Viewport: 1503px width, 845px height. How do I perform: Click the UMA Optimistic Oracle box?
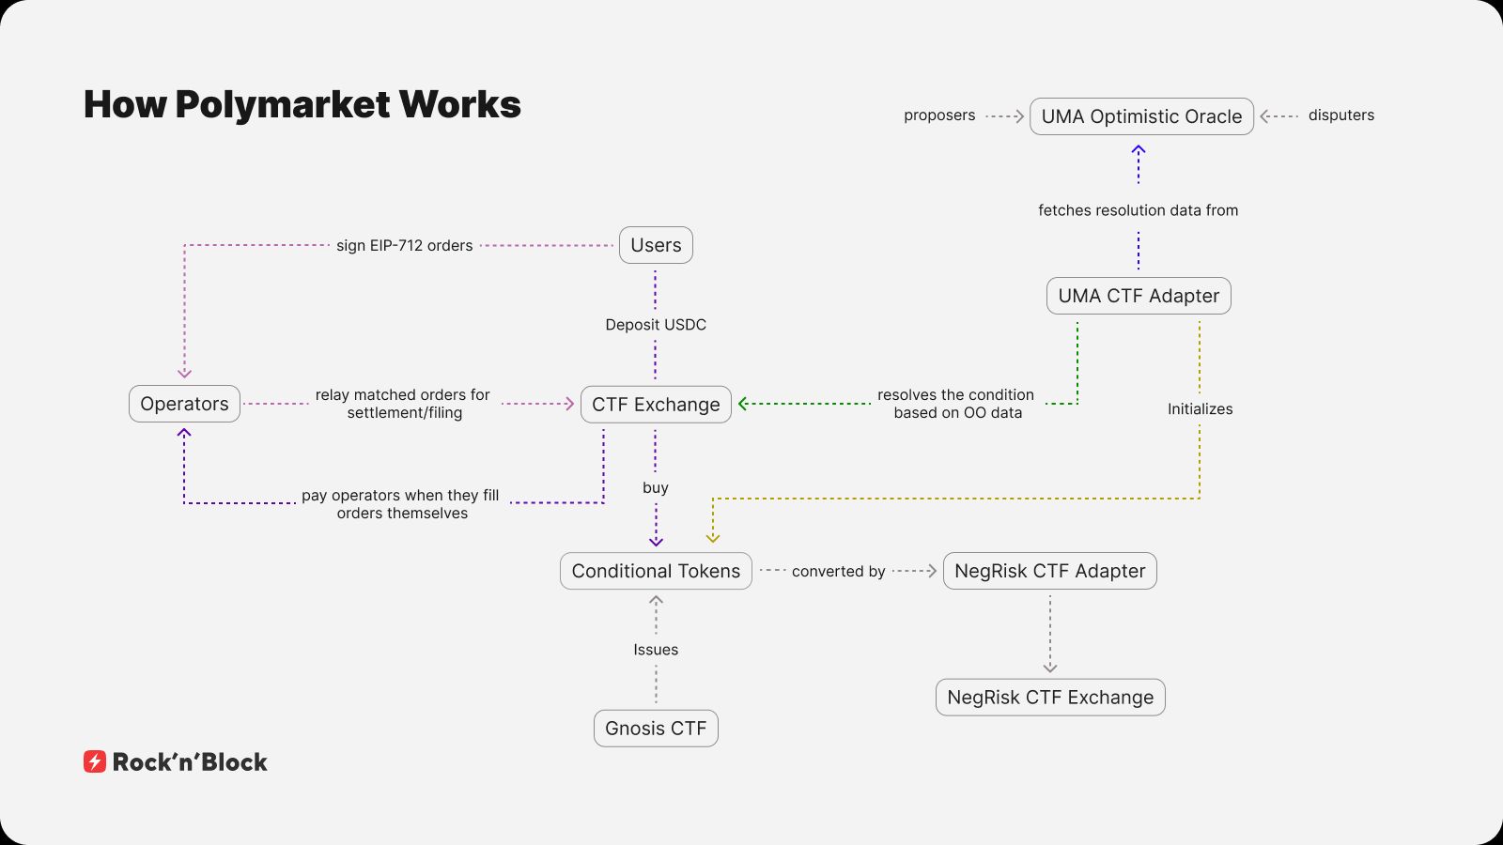pyautogui.click(x=1141, y=116)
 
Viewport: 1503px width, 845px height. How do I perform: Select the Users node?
pyautogui.click(x=656, y=245)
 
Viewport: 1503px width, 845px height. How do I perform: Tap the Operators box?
pyautogui.click(x=184, y=404)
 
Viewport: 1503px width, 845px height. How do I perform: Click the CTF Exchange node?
pyautogui.click(x=656, y=405)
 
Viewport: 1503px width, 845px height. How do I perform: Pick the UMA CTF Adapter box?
pyautogui.click(x=1139, y=296)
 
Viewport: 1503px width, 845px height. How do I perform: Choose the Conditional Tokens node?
pyautogui.click(x=656, y=571)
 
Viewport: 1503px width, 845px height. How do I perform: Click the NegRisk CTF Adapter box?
pyautogui.click(x=1049, y=571)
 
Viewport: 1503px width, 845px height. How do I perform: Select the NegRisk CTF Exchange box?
pyautogui.click(x=1050, y=698)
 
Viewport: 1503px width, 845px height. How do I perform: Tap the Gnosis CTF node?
pyautogui.click(x=656, y=729)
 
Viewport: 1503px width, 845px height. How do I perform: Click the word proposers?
pyautogui.click(x=939, y=115)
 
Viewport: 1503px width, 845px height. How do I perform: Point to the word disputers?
pyautogui.click(x=1340, y=115)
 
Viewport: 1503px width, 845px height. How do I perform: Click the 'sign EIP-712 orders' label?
pyautogui.click(x=405, y=246)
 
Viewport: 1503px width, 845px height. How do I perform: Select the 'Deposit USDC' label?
pyautogui.click(x=656, y=325)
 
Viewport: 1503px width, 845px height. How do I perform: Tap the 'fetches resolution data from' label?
pyautogui.click(x=1138, y=210)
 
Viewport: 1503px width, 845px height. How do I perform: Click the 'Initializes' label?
pyautogui.click(x=1200, y=409)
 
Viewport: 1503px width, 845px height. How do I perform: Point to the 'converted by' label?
pyautogui.click(x=838, y=572)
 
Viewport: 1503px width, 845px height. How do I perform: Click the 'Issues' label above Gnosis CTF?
pyautogui.click(x=656, y=650)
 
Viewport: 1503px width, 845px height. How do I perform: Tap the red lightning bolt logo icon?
pyautogui.click(x=95, y=761)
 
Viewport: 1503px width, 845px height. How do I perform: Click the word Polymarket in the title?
pyautogui.click(x=282, y=104)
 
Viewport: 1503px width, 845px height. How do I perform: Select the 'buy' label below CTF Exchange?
pyautogui.click(x=656, y=488)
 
